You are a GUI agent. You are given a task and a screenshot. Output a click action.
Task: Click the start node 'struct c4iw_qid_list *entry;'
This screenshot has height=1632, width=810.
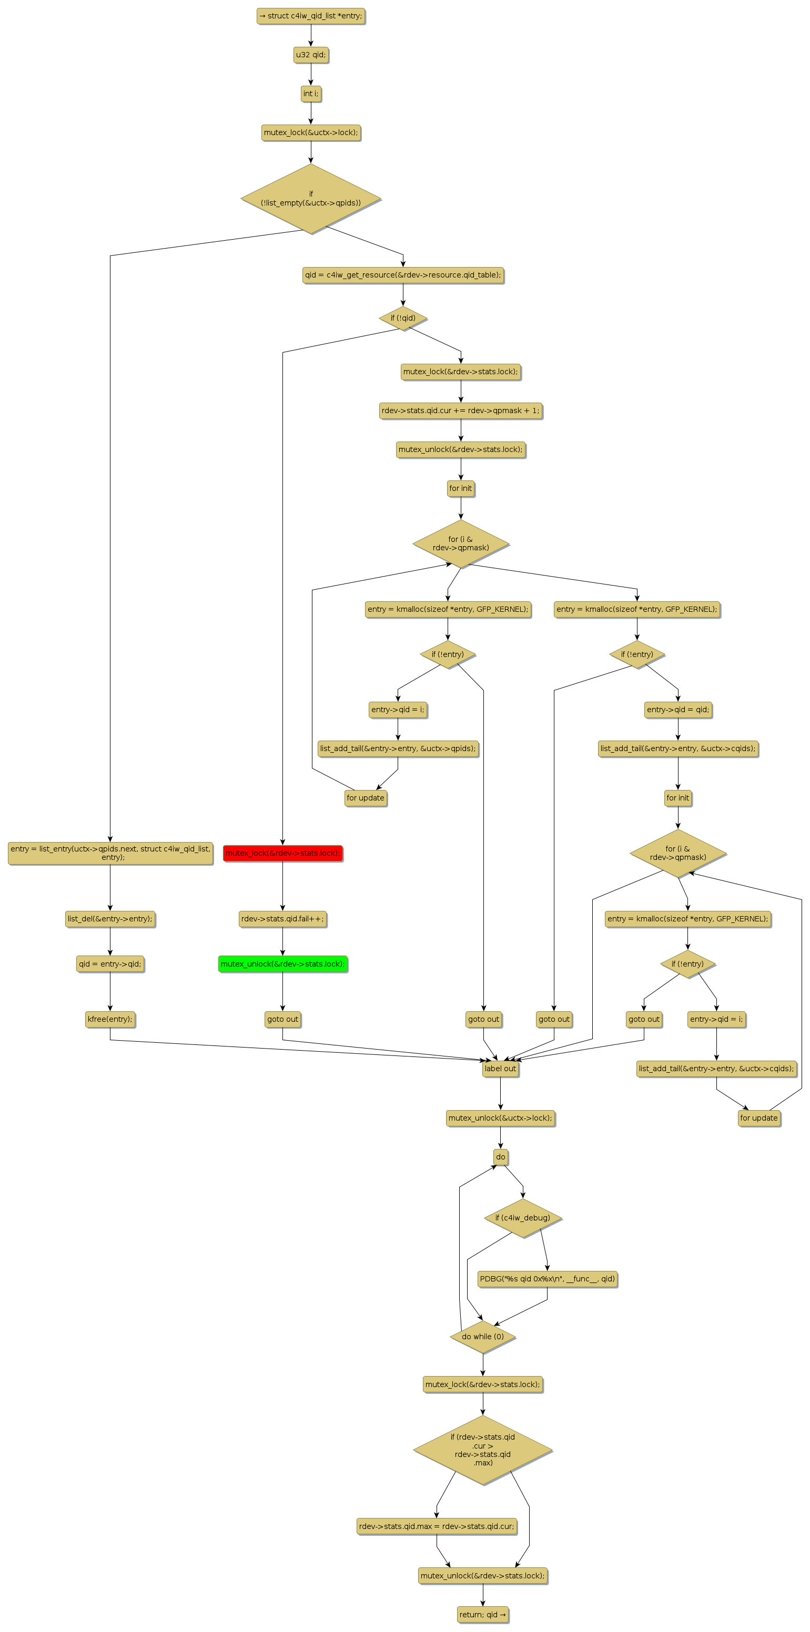(310, 16)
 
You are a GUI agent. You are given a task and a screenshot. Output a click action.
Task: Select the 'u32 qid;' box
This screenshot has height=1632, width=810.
(310, 55)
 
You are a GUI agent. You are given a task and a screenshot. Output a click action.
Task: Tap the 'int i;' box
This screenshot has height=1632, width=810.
(310, 94)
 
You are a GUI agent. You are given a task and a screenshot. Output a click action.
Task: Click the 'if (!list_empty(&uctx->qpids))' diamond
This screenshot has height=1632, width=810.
(310, 198)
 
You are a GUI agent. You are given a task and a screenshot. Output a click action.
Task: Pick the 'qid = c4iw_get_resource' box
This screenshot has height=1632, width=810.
(402, 275)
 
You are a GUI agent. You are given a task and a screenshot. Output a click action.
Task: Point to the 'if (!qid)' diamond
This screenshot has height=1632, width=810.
(402, 318)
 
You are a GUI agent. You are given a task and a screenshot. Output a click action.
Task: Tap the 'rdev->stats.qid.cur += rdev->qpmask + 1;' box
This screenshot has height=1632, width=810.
(461, 410)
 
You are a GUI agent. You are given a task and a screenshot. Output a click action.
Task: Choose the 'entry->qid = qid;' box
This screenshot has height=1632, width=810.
(677, 710)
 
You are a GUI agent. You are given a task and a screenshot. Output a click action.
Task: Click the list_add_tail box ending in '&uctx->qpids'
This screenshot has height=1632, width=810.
(398, 749)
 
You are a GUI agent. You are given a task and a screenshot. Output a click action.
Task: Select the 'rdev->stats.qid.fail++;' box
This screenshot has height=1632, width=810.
(282, 919)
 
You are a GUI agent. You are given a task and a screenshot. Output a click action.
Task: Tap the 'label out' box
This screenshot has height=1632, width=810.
(500, 1069)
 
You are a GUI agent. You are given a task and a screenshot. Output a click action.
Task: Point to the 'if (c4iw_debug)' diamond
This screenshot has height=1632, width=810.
(523, 1218)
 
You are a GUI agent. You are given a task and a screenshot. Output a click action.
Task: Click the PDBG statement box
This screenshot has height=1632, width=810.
(547, 1278)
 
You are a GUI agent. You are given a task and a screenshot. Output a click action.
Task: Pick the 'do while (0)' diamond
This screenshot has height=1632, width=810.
(482, 1337)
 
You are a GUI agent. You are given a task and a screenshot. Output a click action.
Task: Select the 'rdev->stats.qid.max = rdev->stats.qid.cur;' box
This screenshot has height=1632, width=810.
(436, 1526)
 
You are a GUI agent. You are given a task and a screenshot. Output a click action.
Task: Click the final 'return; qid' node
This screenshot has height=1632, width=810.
(482, 1615)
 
